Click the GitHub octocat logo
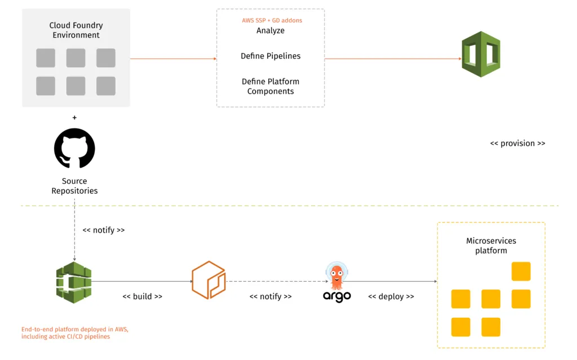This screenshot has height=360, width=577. pyautogui.click(x=74, y=149)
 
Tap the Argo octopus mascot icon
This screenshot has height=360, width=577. pyautogui.click(x=337, y=277)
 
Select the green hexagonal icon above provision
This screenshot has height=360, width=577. pyautogui.click(x=481, y=54)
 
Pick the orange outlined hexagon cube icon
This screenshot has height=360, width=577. pyautogui.click(x=208, y=280)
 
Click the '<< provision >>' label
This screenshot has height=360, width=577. pyautogui.click(x=517, y=144)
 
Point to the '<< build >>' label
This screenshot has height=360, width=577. pyautogui.click(x=143, y=296)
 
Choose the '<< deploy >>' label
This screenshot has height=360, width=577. pyautogui.click(x=391, y=296)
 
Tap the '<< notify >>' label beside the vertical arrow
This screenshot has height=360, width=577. pyautogui.click(x=104, y=230)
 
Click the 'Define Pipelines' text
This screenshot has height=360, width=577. pyautogui.click(x=270, y=56)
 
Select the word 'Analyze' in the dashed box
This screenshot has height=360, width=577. pyautogui.click(x=270, y=30)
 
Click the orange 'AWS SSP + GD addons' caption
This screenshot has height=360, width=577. pyautogui.click(x=270, y=20)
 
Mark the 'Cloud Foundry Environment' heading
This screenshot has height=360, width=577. pyautogui.click(x=76, y=30)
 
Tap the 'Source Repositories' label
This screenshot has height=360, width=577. pyautogui.click(x=74, y=186)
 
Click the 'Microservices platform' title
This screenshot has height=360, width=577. pyautogui.click(x=491, y=246)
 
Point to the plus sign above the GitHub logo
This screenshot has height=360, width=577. pyautogui.click(x=74, y=118)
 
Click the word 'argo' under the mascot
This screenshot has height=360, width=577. pyautogui.click(x=337, y=296)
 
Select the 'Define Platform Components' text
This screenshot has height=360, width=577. pyautogui.click(x=270, y=86)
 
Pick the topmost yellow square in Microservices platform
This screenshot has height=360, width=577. pyautogui.click(x=521, y=272)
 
